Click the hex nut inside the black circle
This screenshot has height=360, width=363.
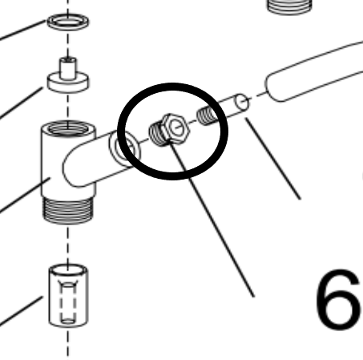pyautogui.click(x=169, y=129)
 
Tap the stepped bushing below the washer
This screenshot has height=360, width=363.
pyautogui.click(x=68, y=81)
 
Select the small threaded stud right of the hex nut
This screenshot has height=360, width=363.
pyautogui.click(x=206, y=116)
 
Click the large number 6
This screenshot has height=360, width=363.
pyautogui.click(x=336, y=301)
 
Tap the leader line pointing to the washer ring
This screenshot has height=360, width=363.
pyautogui.click(x=24, y=30)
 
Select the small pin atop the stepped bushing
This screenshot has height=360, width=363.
pyautogui.click(x=68, y=64)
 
